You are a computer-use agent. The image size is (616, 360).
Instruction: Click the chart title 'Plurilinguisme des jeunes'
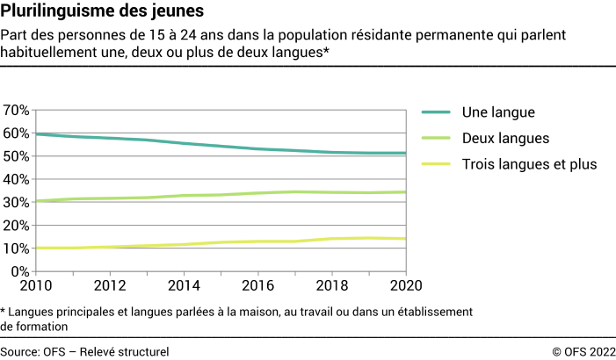point(103,12)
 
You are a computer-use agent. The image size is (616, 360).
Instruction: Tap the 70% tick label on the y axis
point(17,110)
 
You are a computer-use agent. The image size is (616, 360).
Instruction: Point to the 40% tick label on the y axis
point(17,179)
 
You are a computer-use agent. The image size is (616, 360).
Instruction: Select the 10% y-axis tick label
point(17,248)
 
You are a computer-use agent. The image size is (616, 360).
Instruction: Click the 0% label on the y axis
point(21,271)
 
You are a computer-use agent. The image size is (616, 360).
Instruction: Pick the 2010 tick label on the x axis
point(36,287)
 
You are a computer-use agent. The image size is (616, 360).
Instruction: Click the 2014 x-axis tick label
point(183,287)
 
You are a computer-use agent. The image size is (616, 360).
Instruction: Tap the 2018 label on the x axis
point(331,287)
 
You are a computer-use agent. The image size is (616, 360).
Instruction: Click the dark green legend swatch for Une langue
point(436,112)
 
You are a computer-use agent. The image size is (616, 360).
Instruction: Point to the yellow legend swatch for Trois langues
point(436,164)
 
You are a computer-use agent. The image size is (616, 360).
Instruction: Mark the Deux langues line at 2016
point(257,193)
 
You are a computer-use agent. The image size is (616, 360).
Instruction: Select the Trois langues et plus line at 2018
point(331,239)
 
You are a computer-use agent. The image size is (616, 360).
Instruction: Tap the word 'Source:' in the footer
point(19,351)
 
